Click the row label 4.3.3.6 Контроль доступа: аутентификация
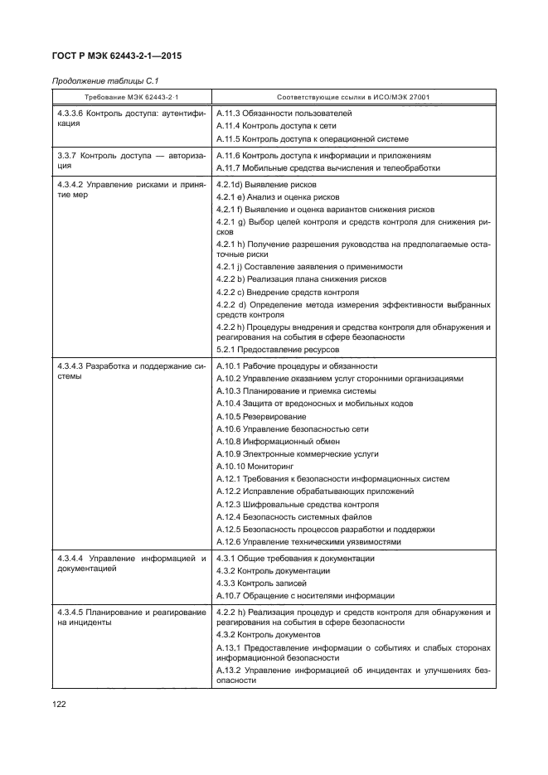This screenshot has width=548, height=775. [x=131, y=118]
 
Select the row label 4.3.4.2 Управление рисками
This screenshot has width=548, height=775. [x=131, y=189]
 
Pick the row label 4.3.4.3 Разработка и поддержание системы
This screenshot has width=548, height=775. [x=131, y=371]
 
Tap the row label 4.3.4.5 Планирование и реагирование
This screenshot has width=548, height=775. [x=131, y=618]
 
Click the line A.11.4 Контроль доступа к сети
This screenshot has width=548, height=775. [x=264, y=126]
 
